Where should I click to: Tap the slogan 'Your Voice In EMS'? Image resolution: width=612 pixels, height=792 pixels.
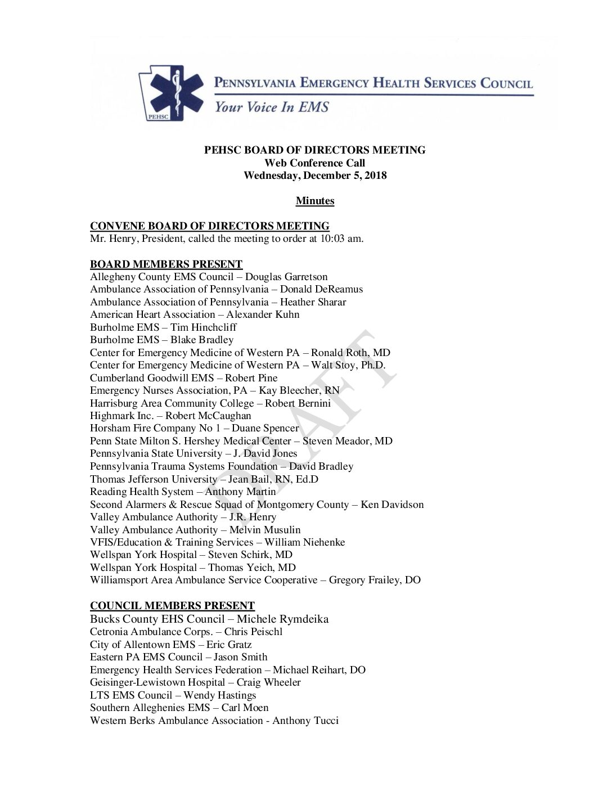271,107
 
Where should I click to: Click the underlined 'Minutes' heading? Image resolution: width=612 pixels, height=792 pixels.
315,201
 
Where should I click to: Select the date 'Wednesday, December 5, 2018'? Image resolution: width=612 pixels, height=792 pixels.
315,175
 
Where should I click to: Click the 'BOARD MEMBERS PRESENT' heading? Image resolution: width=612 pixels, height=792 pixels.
166,264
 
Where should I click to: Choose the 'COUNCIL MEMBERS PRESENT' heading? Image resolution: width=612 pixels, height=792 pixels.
172,606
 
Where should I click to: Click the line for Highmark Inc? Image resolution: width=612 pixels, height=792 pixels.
170,416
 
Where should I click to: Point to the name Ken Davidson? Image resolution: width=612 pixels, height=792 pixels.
392,505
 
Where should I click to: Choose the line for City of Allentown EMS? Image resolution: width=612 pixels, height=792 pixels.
170,645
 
